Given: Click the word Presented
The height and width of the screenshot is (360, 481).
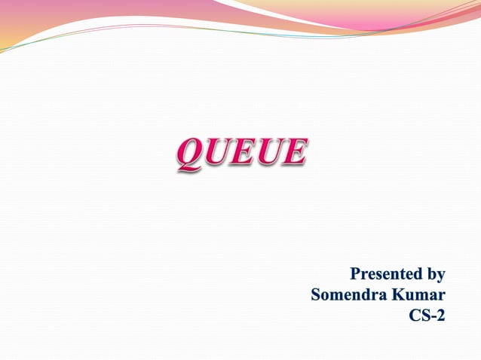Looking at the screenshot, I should pos(384,273).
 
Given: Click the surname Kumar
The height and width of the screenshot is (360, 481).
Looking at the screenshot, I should pos(418,294).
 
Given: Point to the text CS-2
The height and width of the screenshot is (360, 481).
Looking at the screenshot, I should pos(427,316).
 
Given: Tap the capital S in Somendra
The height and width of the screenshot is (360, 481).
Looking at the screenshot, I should pos(316,294).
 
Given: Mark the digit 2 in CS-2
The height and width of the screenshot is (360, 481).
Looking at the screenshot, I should pos(440,316).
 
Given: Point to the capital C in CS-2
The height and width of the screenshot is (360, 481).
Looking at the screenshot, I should pos(414,316).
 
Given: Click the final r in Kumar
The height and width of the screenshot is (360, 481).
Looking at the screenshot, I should pos(442,296).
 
